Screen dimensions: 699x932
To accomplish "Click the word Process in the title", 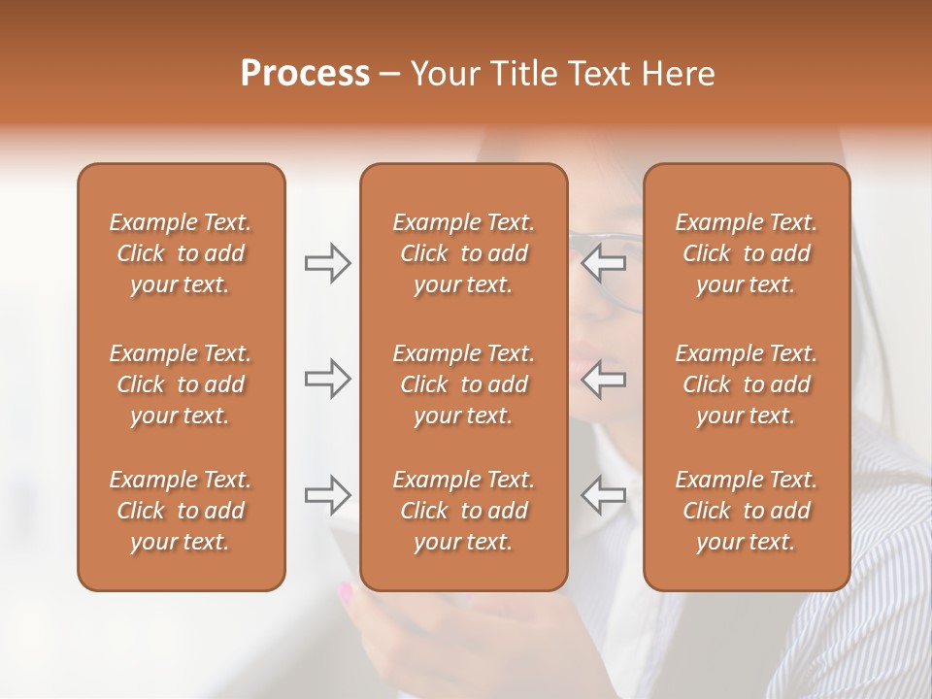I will pyautogui.click(x=305, y=74).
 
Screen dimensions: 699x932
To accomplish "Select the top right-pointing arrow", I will pyautogui.click(x=327, y=263).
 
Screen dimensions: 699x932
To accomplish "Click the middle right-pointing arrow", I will pyautogui.click(x=327, y=379).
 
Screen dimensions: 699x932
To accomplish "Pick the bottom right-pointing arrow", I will pyautogui.click(x=327, y=495).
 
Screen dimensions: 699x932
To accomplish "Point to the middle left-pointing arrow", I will pyautogui.click(x=604, y=379).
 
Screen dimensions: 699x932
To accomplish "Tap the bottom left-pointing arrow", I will pyautogui.click(x=604, y=495).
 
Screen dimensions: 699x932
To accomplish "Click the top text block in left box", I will pyautogui.click(x=181, y=253).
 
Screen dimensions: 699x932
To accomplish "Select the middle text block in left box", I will pyautogui.click(x=181, y=384).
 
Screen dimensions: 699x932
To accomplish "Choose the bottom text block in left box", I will pyautogui.click(x=181, y=511).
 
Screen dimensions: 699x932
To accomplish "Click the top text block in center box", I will pyautogui.click(x=463, y=253).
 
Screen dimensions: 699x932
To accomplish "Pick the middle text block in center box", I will pyautogui.click(x=463, y=384).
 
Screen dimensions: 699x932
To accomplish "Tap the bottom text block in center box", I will pyautogui.click(x=463, y=511).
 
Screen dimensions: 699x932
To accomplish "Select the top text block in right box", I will pyautogui.click(x=746, y=253).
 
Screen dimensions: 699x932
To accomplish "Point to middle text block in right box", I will pyautogui.click(x=746, y=384).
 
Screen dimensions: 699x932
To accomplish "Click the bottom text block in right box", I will pyautogui.click(x=746, y=511).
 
